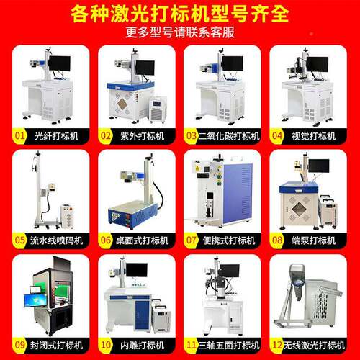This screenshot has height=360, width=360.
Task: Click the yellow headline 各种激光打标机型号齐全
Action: (179, 14)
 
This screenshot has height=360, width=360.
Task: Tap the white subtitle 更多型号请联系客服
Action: (180, 32)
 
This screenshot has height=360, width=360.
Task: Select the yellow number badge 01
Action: (19, 136)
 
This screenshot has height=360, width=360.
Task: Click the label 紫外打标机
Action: (143, 136)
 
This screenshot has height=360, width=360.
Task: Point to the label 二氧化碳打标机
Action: (229, 136)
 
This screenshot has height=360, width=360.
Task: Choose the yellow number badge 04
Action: (277, 136)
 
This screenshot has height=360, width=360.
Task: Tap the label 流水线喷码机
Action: (56, 240)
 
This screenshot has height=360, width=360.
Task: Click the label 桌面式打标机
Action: (143, 240)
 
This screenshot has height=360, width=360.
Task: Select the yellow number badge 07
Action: (192, 240)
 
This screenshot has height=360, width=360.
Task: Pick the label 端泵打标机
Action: (314, 240)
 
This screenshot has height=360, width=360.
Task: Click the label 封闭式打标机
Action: (56, 346)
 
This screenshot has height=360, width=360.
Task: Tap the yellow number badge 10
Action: (106, 345)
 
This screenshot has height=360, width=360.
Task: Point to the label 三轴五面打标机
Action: (229, 346)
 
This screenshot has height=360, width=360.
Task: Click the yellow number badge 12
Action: (277, 345)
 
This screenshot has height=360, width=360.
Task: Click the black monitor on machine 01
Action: (60, 63)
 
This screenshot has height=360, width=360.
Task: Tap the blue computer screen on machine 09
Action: (35, 300)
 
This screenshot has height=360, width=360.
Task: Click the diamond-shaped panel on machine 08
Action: (299, 209)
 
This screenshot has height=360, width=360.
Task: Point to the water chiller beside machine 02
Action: (157, 109)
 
